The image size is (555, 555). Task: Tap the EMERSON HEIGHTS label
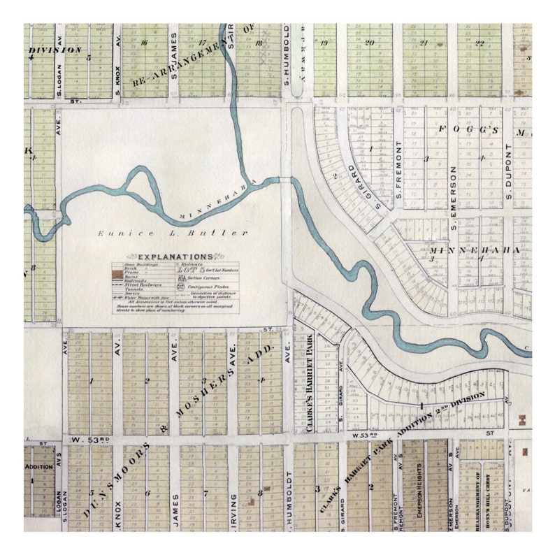point(420,492)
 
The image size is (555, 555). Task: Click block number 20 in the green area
point(369,43)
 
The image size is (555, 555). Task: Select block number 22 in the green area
point(480,43)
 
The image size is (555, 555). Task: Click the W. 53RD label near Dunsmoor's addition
point(92,440)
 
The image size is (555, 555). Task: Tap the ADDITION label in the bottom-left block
point(38,466)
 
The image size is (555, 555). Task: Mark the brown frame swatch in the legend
point(118,278)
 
